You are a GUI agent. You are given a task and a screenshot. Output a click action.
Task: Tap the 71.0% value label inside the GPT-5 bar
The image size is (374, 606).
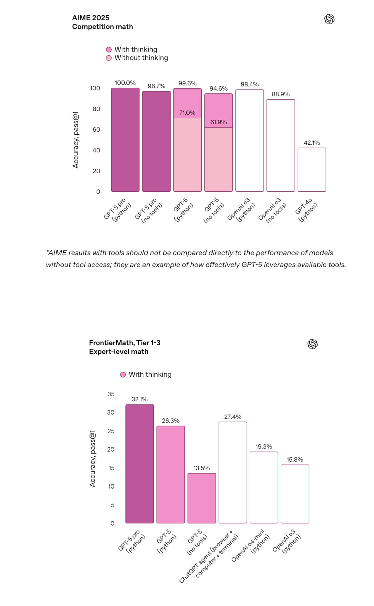tap(187, 113)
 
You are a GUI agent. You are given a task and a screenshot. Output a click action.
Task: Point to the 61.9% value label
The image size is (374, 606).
tap(219, 122)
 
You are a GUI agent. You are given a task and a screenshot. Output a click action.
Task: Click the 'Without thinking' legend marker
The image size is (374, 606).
tap(109, 58)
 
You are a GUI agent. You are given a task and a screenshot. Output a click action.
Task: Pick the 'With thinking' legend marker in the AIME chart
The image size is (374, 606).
tap(109, 49)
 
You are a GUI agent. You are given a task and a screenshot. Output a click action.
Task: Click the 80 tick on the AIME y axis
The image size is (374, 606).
tap(96, 109)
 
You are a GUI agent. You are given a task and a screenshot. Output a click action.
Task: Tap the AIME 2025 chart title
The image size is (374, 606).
tap(91, 18)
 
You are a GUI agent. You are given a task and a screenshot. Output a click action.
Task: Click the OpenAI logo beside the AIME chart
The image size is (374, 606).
tap(329, 19)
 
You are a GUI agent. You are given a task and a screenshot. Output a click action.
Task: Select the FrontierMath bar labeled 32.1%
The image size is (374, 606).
tap(139, 464)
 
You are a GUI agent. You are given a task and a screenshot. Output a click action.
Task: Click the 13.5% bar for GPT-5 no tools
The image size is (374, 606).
tap(202, 498)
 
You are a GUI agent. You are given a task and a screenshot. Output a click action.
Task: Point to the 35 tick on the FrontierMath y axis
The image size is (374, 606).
tap(111, 394)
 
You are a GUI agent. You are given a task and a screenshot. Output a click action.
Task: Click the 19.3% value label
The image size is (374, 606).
tap(264, 447)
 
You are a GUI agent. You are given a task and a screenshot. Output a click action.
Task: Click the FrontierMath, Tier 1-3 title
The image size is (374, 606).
tap(125, 343)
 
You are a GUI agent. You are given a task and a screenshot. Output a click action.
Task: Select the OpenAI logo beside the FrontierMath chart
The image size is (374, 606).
tap(312, 344)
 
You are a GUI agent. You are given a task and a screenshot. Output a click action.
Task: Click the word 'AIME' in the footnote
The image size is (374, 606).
tap(57, 253)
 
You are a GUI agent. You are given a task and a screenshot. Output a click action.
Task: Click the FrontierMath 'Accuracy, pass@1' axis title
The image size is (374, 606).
tap(92, 458)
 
